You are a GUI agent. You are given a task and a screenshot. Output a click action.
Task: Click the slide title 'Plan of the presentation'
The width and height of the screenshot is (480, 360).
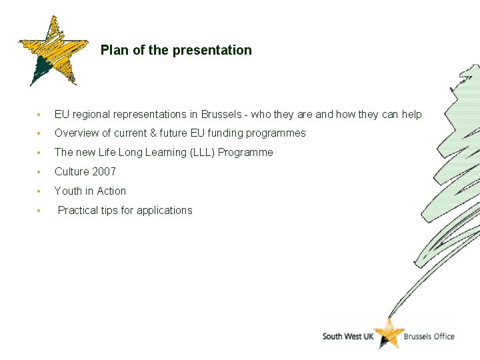(176, 50)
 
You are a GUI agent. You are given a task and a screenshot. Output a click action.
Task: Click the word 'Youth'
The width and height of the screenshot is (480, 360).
(68, 191)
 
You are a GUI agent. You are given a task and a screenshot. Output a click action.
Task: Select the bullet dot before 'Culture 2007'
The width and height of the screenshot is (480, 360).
(41, 173)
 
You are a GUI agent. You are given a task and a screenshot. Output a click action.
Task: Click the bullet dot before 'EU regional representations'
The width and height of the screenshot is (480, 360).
(41, 115)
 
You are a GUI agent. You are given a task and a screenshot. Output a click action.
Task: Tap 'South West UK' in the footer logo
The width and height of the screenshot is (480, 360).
(347, 336)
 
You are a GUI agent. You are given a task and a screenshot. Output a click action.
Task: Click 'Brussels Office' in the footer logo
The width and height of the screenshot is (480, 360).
(429, 336)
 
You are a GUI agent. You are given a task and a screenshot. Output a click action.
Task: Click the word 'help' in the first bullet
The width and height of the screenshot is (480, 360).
(411, 114)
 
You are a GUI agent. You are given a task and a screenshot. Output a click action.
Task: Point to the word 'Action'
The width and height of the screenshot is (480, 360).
(111, 191)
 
